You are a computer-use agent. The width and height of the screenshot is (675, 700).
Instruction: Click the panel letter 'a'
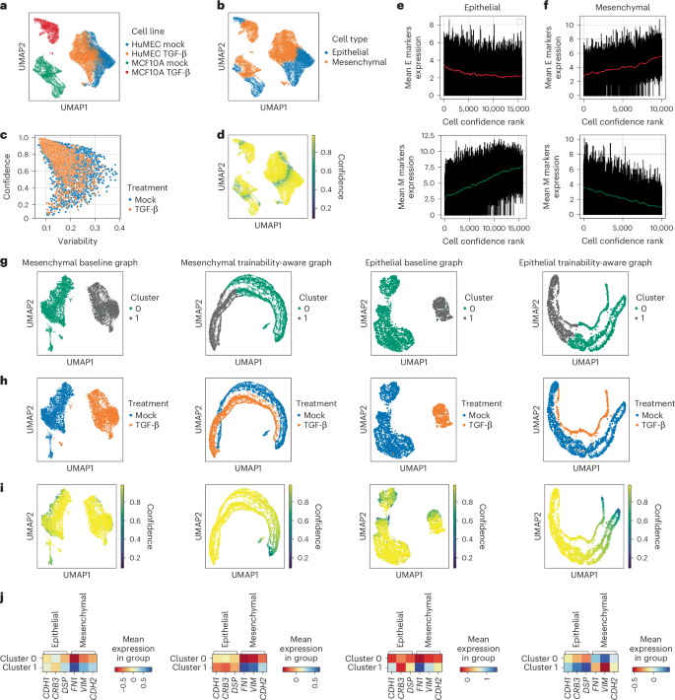coord(6,8)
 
